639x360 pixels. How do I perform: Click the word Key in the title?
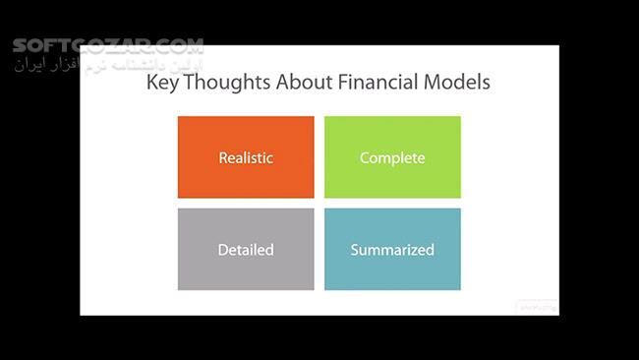162,83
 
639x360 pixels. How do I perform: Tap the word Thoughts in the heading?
225,84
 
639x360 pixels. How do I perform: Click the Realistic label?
246,157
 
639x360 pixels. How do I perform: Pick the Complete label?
392,157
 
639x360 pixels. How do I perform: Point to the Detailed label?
246,250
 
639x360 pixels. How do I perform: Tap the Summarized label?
392,250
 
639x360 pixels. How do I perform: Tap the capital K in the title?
152,83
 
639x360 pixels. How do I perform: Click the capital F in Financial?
344,83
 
